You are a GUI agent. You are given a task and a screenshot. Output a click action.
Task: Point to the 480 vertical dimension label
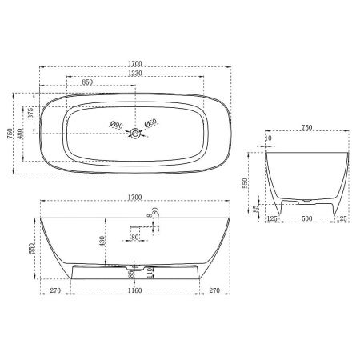[x=22, y=127]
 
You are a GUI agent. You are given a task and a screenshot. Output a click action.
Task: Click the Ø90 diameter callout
[x=115, y=124]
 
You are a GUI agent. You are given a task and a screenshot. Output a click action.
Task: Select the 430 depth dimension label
[x=100, y=238]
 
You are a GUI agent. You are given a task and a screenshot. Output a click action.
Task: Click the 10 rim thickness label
[x=268, y=138]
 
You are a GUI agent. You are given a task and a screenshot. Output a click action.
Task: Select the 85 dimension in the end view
[x=255, y=210]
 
